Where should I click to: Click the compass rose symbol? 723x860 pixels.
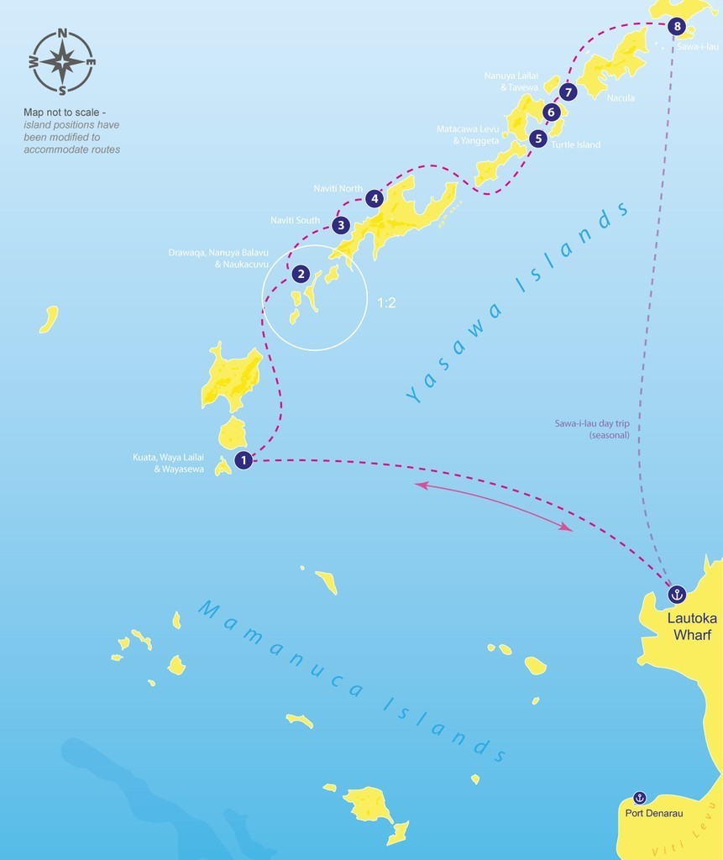pyautogui.click(x=62, y=61)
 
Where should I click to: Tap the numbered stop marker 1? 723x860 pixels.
pyautogui.click(x=244, y=459)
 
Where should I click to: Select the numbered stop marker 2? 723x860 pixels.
pyautogui.click(x=300, y=274)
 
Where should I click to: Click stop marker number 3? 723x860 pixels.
pyautogui.click(x=340, y=225)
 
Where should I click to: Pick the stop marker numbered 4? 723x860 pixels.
pyautogui.click(x=375, y=199)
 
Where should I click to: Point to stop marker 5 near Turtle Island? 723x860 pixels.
pyautogui.click(x=538, y=139)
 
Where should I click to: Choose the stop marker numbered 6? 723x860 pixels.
pyautogui.click(x=551, y=112)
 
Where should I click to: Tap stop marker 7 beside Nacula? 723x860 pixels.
pyautogui.click(x=568, y=92)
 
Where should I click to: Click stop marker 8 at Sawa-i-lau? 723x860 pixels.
pyautogui.click(x=678, y=27)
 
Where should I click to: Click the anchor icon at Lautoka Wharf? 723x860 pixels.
pyautogui.click(x=677, y=595)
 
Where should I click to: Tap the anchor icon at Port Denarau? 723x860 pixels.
pyautogui.click(x=639, y=798)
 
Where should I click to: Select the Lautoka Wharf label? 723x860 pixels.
pyautogui.click(x=692, y=627)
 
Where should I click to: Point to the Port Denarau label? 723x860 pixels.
pyautogui.click(x=653, y=813)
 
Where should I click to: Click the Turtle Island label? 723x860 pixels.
pyautogui.click(x=576, y=144)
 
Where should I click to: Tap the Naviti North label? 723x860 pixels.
pyautogui.click(x=338, y=189)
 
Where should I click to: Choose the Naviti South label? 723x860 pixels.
pyautogui.click(x=295, y=220)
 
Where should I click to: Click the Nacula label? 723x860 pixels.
pyautogui.click(x=621, y=97)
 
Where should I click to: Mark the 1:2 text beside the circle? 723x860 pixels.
pyautogui.click(x=386, y=303)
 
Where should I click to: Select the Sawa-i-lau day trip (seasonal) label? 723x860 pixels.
pyautogui.click(x=592, y=430)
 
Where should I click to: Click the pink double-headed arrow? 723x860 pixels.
pyautogui.click(x=494, y=506)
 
